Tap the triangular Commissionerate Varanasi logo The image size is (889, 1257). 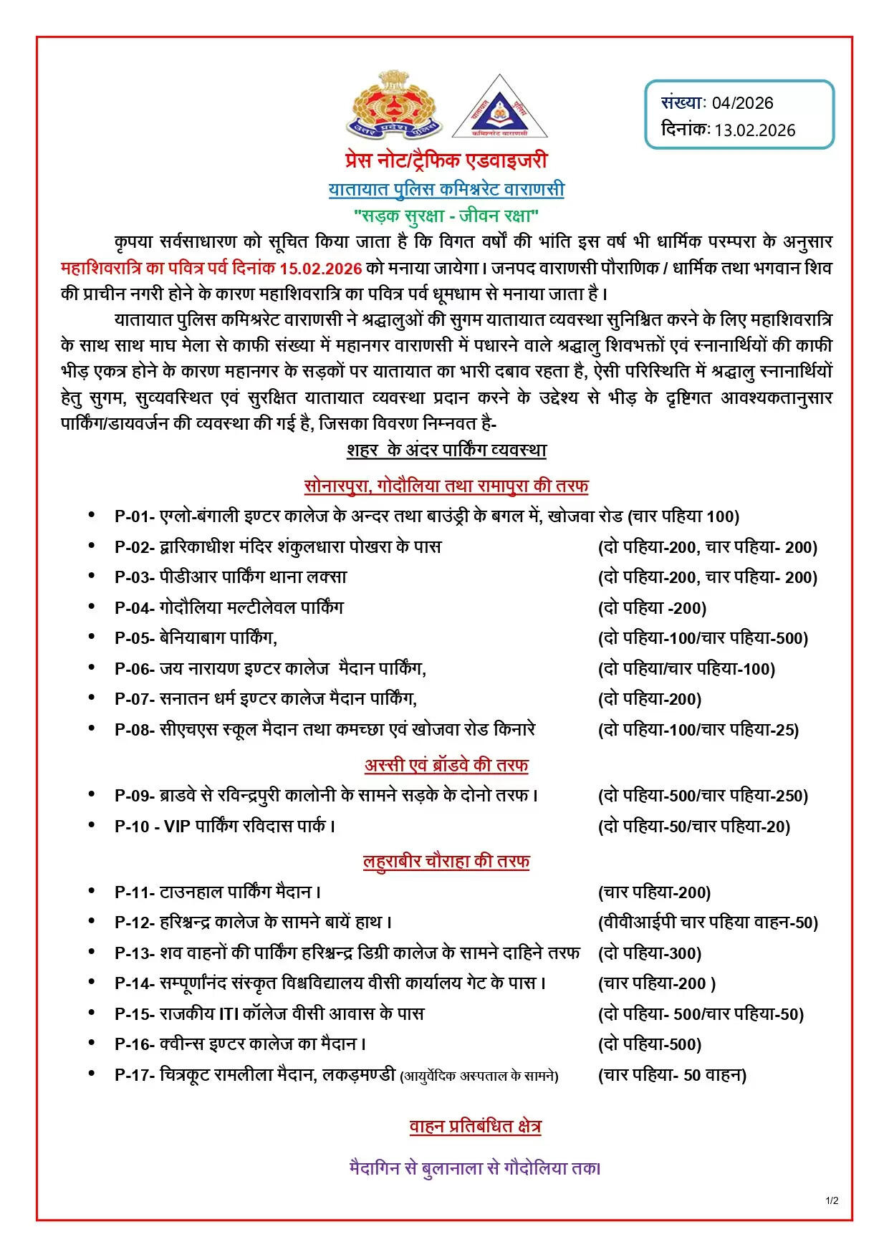pyautogui.click(x=499, y=107)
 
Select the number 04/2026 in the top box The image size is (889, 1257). pyautogui.click(x=742, y=103)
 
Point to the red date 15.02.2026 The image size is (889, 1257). pyautogui.click(x=320, y=269)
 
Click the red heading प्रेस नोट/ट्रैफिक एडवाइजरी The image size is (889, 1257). pyautogui.click(x=446, y=160)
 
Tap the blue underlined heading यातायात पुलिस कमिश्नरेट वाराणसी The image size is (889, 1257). pyautogui.click(x=446, y=190)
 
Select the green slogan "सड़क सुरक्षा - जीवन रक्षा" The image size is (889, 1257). pyautogui.click(x=446, y=216)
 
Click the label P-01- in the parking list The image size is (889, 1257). pyautogui.click(x=135, y=517)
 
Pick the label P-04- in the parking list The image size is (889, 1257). pyautogui.click(x=135, y=608)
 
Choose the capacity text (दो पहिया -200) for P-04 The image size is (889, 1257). pyautogui.click(x=652, y=609)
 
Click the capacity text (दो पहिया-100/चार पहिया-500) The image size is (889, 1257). pyautogui.click(x=703, y=639)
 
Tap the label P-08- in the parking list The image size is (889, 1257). pyautogui.click(x=135, y=730)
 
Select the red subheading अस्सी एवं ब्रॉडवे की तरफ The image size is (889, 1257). pyautogui.click(x=446, y=766)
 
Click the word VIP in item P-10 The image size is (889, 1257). pyautogui.click(x=176, y=827)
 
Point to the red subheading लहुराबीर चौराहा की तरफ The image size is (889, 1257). pyautogui.click(x=446, y=862)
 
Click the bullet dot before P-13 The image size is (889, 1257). pyautogui.click(x=92, y=952)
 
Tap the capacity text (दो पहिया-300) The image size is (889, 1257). pyautogui.click(x=650, y=954)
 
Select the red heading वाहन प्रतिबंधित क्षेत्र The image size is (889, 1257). pyautogui.click(x=475, y=1127)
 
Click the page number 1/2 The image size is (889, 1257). pyautogui.click(x=832, y=1201)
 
